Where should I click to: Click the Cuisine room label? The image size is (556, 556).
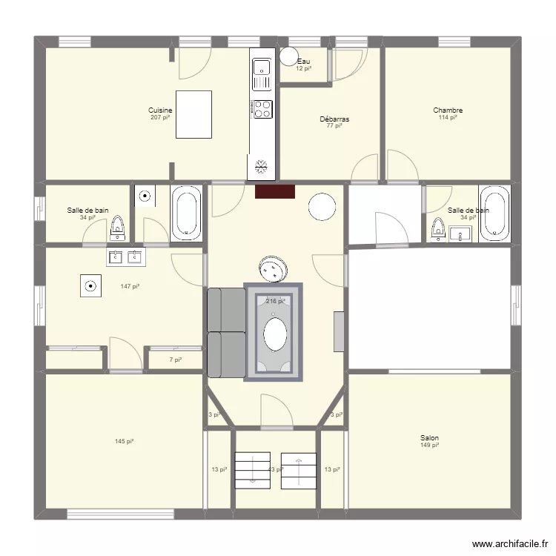tap(160, 110)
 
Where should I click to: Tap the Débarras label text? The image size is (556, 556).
tap(334, 119)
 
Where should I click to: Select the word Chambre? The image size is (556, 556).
tap(448, 110)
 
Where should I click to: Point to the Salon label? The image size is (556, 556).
tap(429, 438)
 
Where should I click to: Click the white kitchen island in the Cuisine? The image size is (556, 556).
tap(193, 114)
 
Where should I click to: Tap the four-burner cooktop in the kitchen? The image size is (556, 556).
tap(262, 109)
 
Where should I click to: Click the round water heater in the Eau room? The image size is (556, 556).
tap(288, 56)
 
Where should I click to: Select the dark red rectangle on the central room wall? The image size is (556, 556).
tap(275, 192)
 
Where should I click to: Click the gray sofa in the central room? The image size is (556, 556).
tap(226, 333)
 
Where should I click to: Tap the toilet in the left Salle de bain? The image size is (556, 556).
tap(117, 227)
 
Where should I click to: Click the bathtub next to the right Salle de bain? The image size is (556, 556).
tap(494, 214)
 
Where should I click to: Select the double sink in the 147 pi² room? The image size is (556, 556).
tap(125, 257)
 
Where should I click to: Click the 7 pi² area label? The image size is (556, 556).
tap(175, 360)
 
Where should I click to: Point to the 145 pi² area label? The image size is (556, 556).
tap(124, 442)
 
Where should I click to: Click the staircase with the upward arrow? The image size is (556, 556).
tap(299, 471)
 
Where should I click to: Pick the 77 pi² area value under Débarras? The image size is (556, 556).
tap(334, 126)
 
